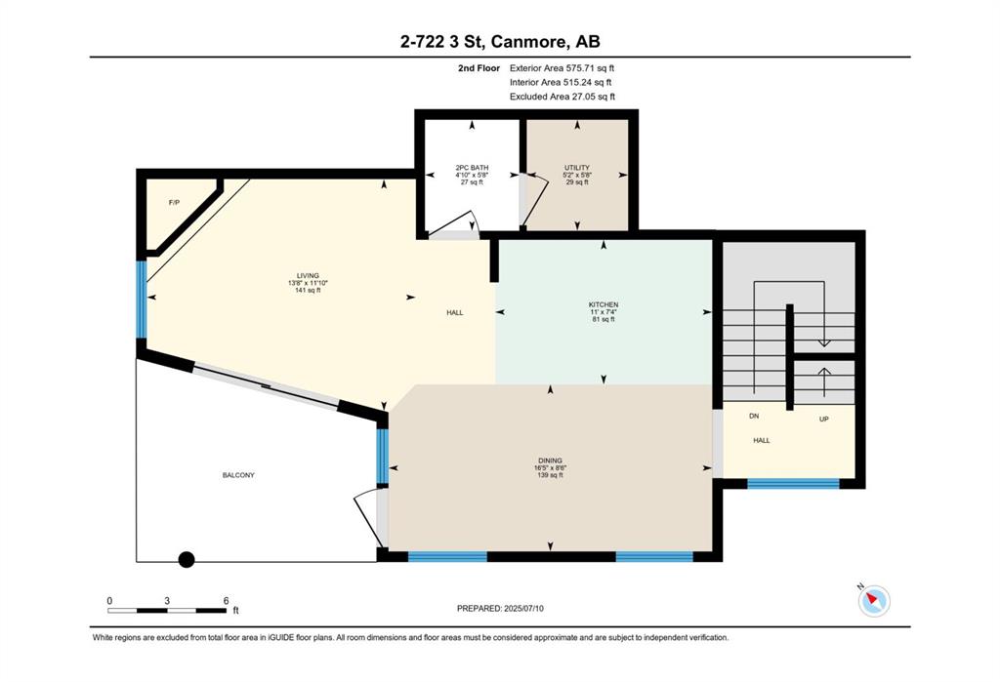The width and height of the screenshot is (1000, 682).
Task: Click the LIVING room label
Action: pyautogui.click(x=308, y=276)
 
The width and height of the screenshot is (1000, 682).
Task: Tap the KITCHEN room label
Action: pyautogui.click(x=604, y=304)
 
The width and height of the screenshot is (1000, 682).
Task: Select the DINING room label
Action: pyautogui.click(x=550, y=461)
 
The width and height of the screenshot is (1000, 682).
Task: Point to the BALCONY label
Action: pyautogui.click(x=238, y=475)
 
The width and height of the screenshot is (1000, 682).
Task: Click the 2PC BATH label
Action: pyautogui.click(x=472, y=168)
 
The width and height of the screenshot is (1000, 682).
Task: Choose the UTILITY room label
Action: pyautogui.click(x=577, y=168)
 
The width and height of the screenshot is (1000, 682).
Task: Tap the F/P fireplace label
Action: pyautogui.click(x=174, y=203)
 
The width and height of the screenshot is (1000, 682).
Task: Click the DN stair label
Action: pyautogui.click(x=754, y=416)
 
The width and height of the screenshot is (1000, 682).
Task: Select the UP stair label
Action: pyautogui.click(x=824, y=419)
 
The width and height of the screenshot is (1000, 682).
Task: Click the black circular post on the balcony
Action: pyautogui.click(x=187, y=560)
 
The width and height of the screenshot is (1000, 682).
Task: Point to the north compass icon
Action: pyautogui.click(x=872, y=599)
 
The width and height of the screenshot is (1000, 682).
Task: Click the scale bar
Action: pyautogui.click(x=167, y=610)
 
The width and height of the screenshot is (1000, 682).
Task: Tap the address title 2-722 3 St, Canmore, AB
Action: pyautogui.click(x=500, y=41)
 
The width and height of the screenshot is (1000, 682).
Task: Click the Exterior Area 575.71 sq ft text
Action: pyautogui.click(x=562, y=67)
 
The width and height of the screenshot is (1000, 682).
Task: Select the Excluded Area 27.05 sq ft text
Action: pyautogui.click(x=562, y=97)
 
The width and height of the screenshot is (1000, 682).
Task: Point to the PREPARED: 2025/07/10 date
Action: pyautogui.click(x=501, y=608)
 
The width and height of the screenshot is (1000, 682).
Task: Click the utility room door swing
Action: pyautogui.click(x=537, y=199)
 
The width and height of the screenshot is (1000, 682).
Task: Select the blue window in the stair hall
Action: pyautogui.click(x=793, y=483)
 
